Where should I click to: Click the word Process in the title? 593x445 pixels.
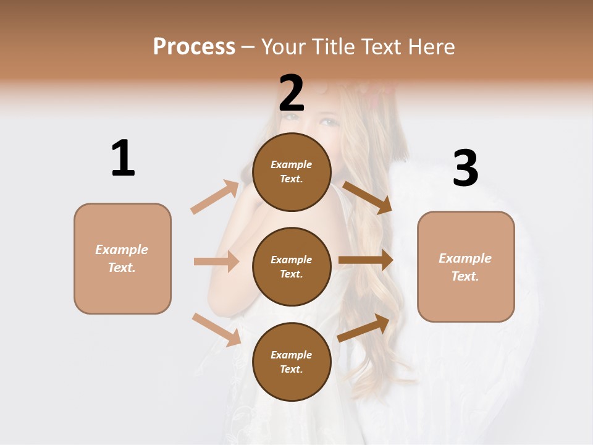point(194,47)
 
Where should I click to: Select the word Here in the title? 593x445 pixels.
point(431,47)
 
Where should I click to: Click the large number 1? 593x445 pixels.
point(123,158)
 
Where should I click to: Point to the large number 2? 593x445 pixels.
point(292,93)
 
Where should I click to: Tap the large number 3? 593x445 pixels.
point(465,169)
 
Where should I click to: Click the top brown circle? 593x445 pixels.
point(292,172)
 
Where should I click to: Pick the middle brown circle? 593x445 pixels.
point(292,266)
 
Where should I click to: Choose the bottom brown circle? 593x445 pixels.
point(292,362)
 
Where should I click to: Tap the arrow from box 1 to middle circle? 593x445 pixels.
point(216,261)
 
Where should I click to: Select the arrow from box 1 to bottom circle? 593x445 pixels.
point(216,329)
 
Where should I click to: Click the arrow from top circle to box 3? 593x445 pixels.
point(368,197)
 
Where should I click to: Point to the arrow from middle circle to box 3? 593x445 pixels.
point(366,260)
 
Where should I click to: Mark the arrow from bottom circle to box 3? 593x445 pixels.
point(364,328)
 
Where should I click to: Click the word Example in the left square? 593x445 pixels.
point(122,250)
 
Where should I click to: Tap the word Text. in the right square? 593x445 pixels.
point(465,276)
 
